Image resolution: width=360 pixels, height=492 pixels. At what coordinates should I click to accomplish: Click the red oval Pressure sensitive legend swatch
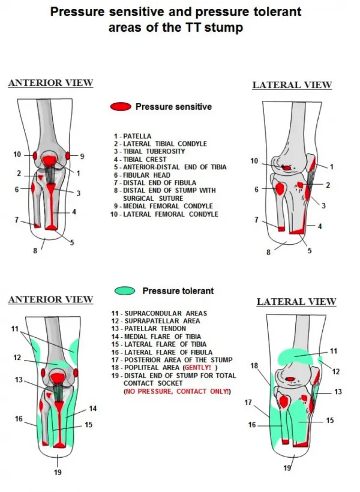click(x=120, y=107)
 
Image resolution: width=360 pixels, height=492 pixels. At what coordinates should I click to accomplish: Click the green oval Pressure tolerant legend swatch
click(x=125, y=291)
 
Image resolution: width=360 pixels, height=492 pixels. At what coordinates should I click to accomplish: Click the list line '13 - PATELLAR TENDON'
click(x=153, y=329)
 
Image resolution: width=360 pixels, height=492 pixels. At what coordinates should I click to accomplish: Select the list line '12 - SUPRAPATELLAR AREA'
click(x=159, y=321)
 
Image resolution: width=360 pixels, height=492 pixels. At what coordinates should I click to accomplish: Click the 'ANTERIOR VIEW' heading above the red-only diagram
click(x=50, y=83)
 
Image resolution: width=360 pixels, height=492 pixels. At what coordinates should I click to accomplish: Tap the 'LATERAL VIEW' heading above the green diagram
click(x=296, y=302)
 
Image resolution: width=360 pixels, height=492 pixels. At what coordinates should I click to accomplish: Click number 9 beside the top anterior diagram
click(x=82, y=156)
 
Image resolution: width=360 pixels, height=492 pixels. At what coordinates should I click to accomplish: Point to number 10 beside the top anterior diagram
click(x=17, y=155)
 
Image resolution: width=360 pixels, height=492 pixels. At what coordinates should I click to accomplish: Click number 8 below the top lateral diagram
click(x=268, y=253)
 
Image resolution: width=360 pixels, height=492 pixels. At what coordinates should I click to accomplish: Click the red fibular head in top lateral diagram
click(x=280, y=188)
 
